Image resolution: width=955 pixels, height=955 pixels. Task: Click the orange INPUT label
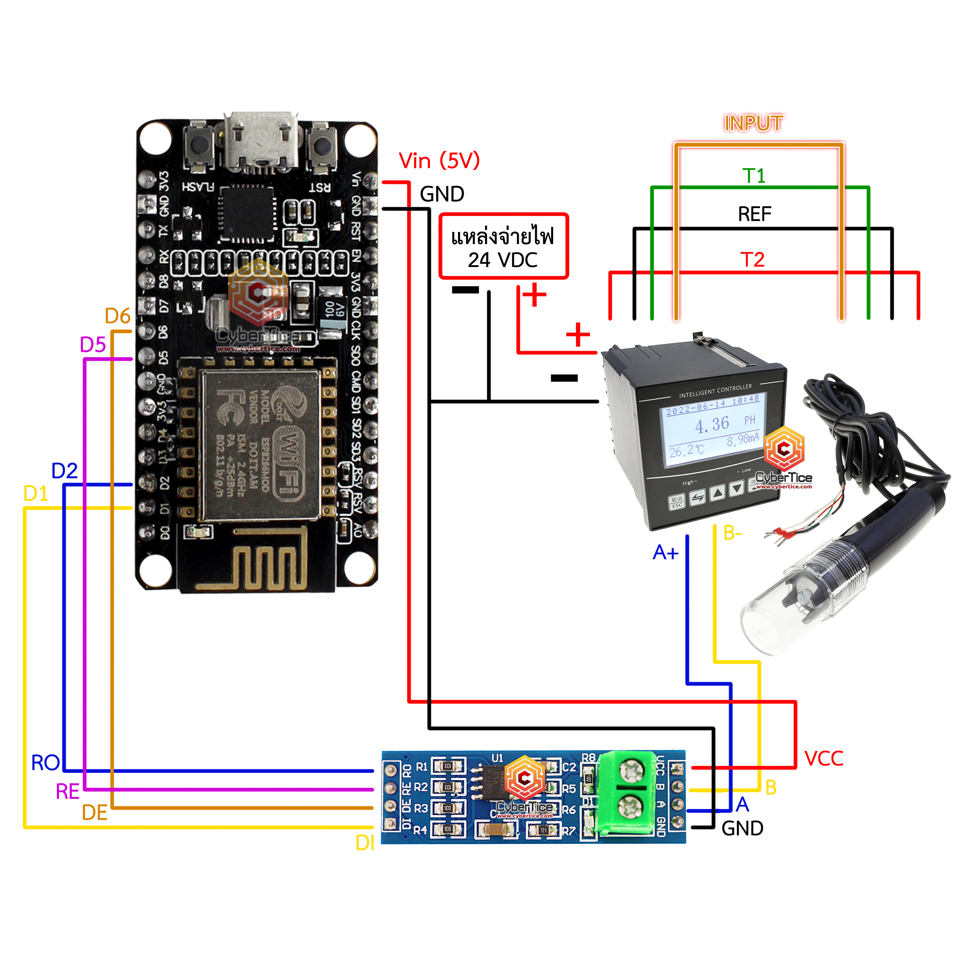click(x=753, y=123)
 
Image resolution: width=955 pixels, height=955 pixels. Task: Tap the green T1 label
click(x=753, y=175)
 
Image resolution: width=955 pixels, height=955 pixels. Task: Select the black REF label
click(x=754, y=214)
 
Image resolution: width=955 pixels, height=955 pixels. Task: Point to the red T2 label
click(x=752, y=259)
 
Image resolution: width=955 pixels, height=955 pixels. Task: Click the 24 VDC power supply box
click(x=503, y=246)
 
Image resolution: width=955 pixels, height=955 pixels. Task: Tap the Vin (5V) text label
click(x=439, y=161)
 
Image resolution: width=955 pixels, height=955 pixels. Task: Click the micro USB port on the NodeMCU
click(x=261, y=141)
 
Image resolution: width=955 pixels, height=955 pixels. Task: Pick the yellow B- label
click(x=732, y=533)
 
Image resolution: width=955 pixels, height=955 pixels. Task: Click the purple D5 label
click(x=93, y=345)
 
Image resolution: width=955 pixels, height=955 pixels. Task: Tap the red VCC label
click(x=824, y=759)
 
